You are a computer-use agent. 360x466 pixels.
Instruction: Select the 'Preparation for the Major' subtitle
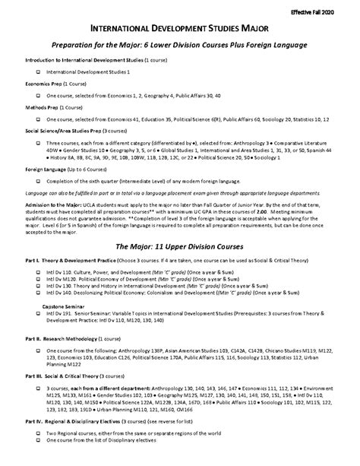(179, 46)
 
